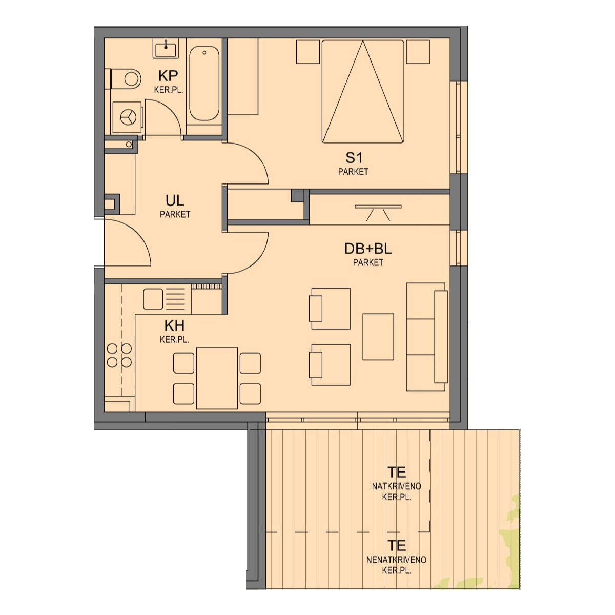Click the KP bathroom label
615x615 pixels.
tap(168, 76)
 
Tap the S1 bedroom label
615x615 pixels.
tap(354, 158)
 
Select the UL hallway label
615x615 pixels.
tap(175, 201)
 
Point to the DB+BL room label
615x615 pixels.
tap(367, 249)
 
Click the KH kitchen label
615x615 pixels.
tap(174, 326)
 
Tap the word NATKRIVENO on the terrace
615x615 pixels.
tap(396, 486)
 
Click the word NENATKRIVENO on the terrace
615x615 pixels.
tap(396, 560)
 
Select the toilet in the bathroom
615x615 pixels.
tap(126, 78)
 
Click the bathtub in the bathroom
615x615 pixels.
tap(204, 84)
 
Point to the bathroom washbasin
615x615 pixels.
tap(166, 49)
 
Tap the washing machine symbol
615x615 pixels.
tap(128, 117)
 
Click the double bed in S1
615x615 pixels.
tap(363, 92)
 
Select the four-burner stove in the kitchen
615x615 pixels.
tap(119, 355)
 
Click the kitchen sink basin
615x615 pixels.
tap(153, 299)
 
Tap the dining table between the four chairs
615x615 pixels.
tap(217, 378)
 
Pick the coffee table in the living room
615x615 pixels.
tap(378, 337)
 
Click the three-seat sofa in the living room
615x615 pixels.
tap(427, 337)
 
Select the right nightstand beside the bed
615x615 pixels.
tap(418, 52)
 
